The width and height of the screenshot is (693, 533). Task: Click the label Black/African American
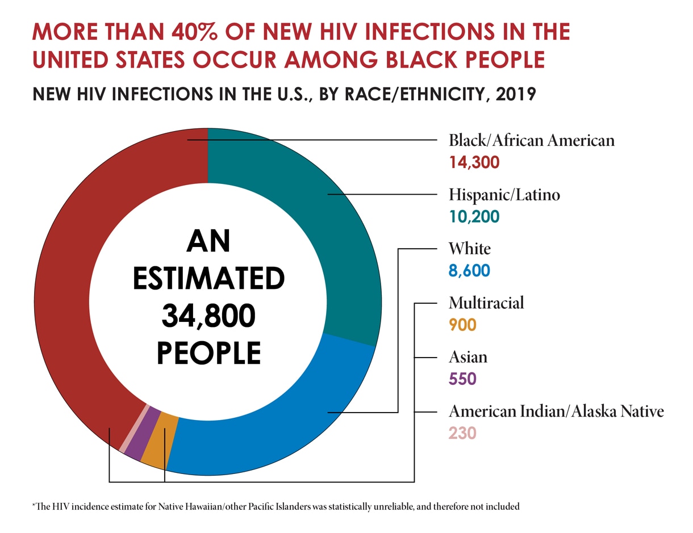coord(531,140)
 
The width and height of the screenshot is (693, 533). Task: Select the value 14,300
coord(474,163)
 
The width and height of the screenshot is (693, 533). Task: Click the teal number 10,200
coord(474,217)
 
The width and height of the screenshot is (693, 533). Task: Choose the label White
coord(469,249)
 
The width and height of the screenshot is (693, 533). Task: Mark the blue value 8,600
coord(469,271)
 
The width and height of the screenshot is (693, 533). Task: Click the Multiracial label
coord(486,303)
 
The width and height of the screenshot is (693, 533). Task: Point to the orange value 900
coord(462,325)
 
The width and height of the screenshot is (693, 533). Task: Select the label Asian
coord(467,357)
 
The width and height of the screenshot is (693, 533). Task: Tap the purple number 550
coord(462,379)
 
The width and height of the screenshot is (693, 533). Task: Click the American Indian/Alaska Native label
coord(556,411)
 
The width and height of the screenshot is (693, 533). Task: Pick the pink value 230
coord(462,434)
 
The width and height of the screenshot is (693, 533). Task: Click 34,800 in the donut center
coord(208,316)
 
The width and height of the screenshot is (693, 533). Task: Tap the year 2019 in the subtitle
coord(515,93)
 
